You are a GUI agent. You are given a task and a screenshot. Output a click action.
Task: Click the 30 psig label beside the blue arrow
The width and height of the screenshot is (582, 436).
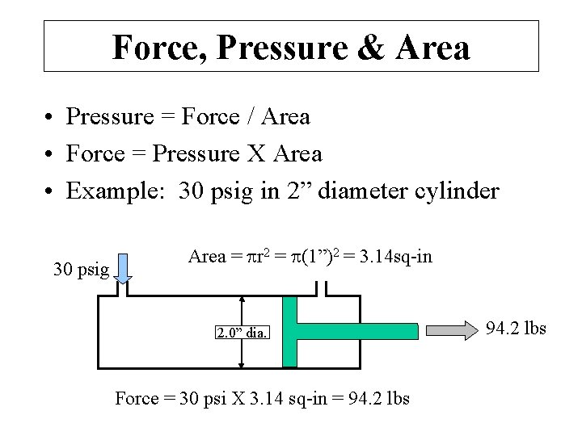point(81,269)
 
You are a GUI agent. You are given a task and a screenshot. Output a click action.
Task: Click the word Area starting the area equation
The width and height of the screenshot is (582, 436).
point(207,258)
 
